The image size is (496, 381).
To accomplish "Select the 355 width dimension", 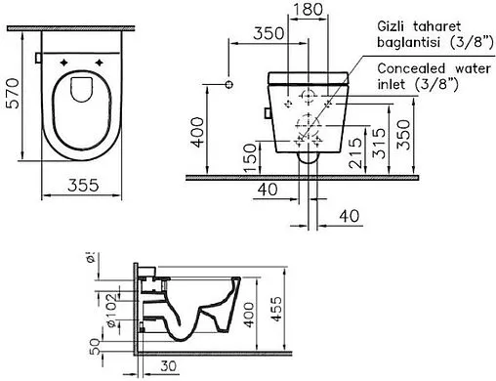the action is pyautogui.click(x=83, y=185).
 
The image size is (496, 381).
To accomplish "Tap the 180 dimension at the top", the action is pyautogui.click(x=308, y=9).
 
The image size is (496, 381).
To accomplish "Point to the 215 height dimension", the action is pyautogui.click(x=354, y=153).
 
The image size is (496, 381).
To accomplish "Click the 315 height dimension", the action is pyautogui.click(x=379, y=144).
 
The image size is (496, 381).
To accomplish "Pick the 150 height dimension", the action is pyautogui.click(x=250, y=158).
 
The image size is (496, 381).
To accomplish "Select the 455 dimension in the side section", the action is pyautogui.click(x=276, y=309).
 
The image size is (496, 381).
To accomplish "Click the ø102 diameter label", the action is pyautogui.click(x=111, y=311).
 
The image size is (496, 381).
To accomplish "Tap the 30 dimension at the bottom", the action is pyautogui.click(x=169, y=366).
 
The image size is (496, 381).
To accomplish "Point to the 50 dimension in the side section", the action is pyautogui.click(x=95, y=346).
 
